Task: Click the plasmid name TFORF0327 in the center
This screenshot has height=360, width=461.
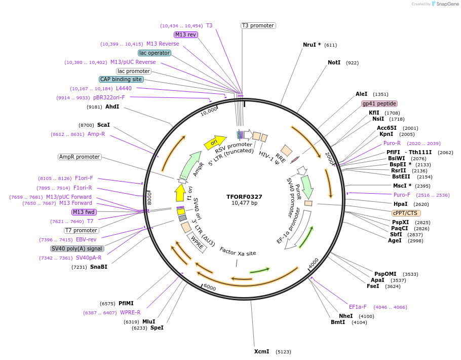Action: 244,197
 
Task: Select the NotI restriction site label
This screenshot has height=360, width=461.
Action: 334,63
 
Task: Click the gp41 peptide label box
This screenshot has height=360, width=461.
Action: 379,103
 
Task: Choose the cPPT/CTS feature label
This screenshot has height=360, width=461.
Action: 406,213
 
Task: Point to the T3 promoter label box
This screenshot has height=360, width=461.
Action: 258,25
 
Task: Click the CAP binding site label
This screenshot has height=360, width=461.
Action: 121,80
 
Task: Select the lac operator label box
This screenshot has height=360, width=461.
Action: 155,53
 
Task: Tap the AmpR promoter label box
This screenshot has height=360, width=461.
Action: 80,157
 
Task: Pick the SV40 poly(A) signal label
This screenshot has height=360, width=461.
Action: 77,248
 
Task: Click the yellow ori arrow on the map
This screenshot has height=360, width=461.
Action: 214,142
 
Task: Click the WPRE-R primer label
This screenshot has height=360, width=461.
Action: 130,312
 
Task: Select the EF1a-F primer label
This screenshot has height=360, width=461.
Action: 358,307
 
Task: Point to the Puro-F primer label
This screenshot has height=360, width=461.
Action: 402,195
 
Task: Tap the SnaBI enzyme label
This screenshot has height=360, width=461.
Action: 99,267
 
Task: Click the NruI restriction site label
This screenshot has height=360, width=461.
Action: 312,45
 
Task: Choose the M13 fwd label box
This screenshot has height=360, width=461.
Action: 84,212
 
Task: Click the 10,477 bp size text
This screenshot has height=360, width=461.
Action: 244,203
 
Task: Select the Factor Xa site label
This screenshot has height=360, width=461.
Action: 238,252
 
